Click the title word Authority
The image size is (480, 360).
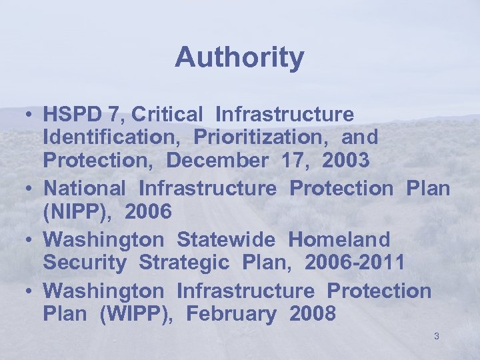pos(239,58)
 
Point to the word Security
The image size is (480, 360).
pos(84,263)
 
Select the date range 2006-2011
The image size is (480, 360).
pos(355,263)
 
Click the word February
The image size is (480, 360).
pos(231,314)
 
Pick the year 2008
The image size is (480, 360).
pos(313,314)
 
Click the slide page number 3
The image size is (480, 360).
pos(436,336)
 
